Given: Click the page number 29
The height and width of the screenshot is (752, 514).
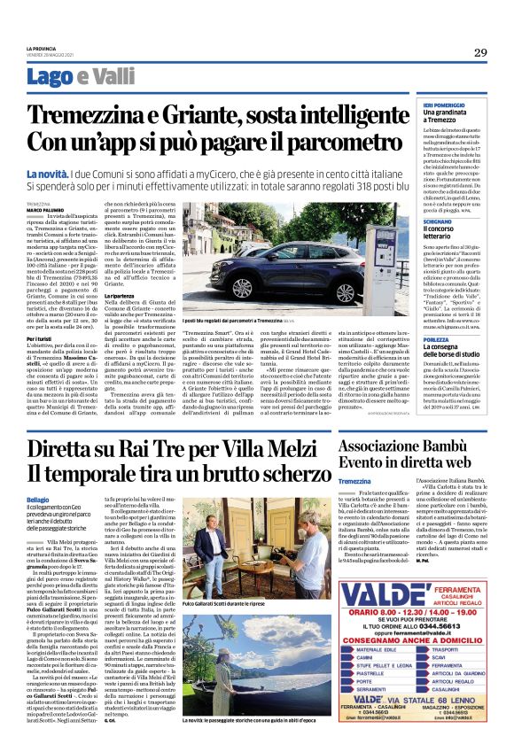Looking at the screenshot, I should [x=479, y=52].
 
